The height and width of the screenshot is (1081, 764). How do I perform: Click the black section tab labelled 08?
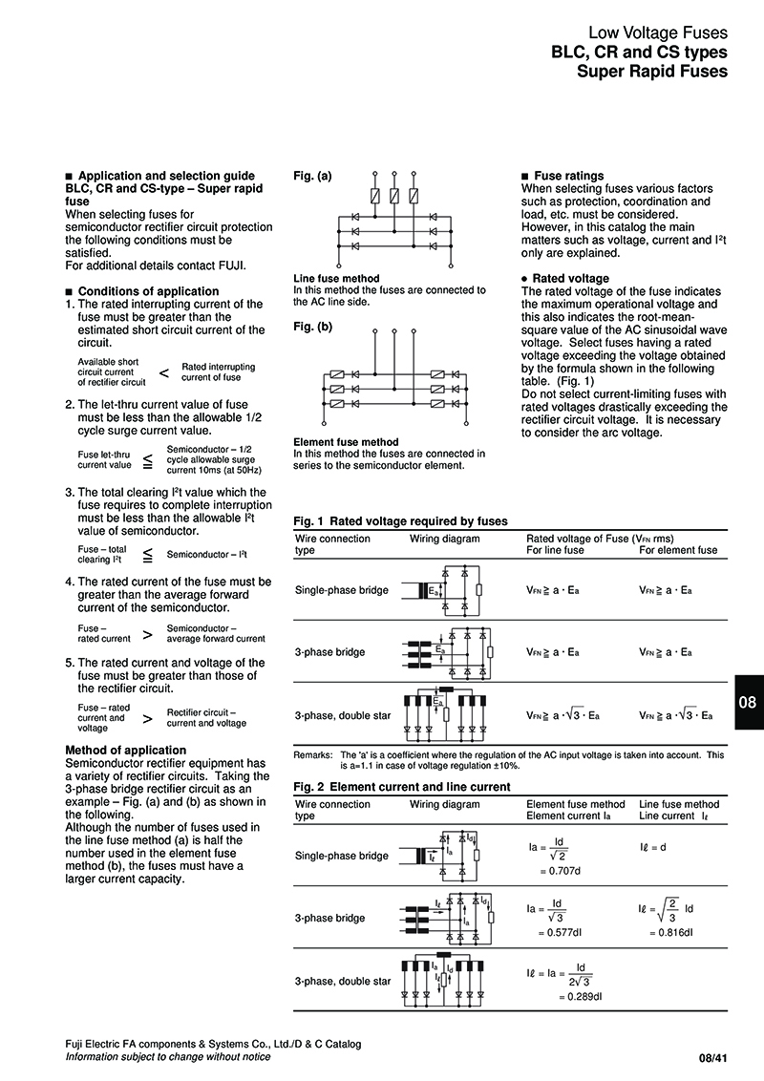[x=748, y=702]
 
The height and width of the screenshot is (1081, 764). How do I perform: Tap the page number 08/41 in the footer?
[x=713, y=1058]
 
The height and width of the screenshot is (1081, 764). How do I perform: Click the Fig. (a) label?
[x=312, y=176]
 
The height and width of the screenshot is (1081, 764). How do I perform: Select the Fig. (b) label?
[x=312, y=326]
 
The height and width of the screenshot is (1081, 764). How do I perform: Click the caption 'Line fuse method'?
[x=336, y=279]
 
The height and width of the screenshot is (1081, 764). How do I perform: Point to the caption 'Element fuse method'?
[x=346, y=442]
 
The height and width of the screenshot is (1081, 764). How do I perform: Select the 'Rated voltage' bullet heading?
[x=565, y=279]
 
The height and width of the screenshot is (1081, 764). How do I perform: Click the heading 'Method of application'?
[x=125, y=750]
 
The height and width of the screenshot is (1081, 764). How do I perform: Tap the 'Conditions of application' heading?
[x=142, y=291]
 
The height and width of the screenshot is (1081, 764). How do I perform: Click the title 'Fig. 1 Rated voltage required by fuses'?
[x=400, y=521]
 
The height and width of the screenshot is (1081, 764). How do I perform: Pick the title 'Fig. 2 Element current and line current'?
[x=402, y=787]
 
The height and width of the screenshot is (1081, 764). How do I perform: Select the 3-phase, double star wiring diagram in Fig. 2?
[x=442, y=980]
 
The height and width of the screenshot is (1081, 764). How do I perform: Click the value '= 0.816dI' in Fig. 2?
[x=671, y=933]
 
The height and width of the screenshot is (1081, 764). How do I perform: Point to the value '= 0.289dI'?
[x=581, y=997]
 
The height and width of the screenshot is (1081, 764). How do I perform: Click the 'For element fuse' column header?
[x=678, y=550]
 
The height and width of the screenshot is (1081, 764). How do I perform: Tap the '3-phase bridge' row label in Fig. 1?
[x=330, y=652]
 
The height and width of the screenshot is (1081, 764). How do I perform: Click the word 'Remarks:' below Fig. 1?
[x=313, y=755]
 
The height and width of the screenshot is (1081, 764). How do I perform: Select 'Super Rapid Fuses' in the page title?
[x=652, y=71]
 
